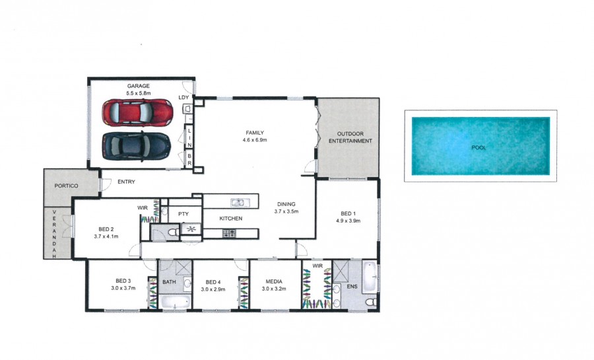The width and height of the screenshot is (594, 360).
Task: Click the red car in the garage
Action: (x=137, y=112)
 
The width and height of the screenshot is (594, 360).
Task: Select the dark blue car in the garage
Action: (x=137, y=146)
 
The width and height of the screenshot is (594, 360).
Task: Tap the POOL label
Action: (x=478, y=147)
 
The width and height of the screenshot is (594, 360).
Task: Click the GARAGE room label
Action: (x=139, y=86)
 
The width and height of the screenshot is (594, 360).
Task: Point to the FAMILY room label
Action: (x=255, y=133)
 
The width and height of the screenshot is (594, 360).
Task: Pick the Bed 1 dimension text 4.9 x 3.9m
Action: (x=348, y=221)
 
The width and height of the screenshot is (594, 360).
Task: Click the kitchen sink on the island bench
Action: (x=238, y=202)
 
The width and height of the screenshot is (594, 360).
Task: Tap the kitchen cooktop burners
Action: (x=229, y=233)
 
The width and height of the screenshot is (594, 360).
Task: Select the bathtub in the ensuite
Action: (x=370, y=277)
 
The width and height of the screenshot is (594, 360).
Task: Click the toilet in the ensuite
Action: (x=371, y=302)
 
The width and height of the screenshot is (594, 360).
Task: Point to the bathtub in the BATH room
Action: (x=175, y=302)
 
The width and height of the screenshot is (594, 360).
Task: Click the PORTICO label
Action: (x=66, y=186)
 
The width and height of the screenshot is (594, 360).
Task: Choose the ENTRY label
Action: (x=126, y=182)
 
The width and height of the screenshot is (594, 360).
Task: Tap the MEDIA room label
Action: (x=274, y=281)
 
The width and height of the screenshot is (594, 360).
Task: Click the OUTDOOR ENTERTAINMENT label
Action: (x=350, y=137)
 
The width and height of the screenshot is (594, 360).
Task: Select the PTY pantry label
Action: (x=183, y=214)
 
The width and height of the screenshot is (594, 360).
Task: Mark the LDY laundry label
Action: (x=183, y=97)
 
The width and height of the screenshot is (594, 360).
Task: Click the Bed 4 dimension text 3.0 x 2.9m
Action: (x=213, y=289)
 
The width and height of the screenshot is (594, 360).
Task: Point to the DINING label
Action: (x=286, y=204)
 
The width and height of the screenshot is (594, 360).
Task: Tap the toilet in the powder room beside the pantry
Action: (x=174, y=233)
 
